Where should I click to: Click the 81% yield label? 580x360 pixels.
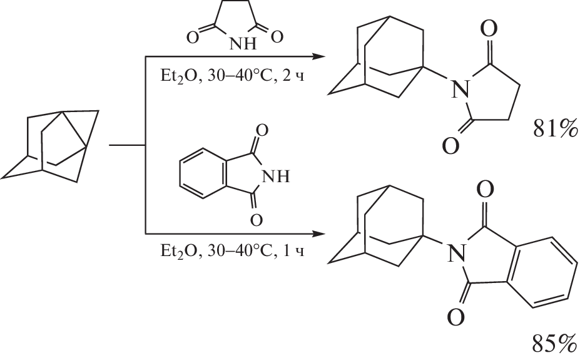(x=555, y=129)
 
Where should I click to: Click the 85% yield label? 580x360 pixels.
(x=555, y=344)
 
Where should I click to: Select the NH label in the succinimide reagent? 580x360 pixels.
(x=243, y=44)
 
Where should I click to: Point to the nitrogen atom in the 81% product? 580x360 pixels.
(x=459, y=90)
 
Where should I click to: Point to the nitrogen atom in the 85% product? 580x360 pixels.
(x=456, y=253)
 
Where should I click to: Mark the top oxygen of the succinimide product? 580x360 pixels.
(x=489, y=29)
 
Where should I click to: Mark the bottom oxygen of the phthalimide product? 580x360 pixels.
(x=455, y=317)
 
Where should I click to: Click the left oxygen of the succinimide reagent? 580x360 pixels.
(x=193, y=38)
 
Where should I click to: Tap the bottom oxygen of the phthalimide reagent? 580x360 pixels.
(x=256, y=220)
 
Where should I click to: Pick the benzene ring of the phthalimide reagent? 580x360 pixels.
(x=202, y=173)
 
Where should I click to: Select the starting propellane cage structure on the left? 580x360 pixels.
(x=51, y=145)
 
